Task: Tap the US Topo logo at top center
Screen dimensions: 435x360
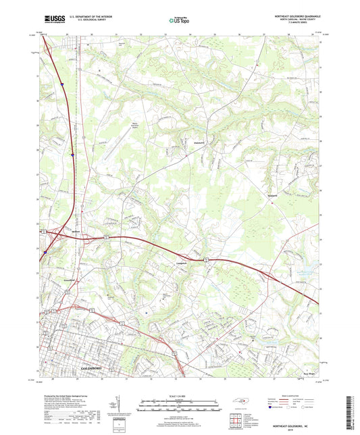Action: click(x=177, y=21)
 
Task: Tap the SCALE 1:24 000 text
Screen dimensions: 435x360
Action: click(x=180, y=395)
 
